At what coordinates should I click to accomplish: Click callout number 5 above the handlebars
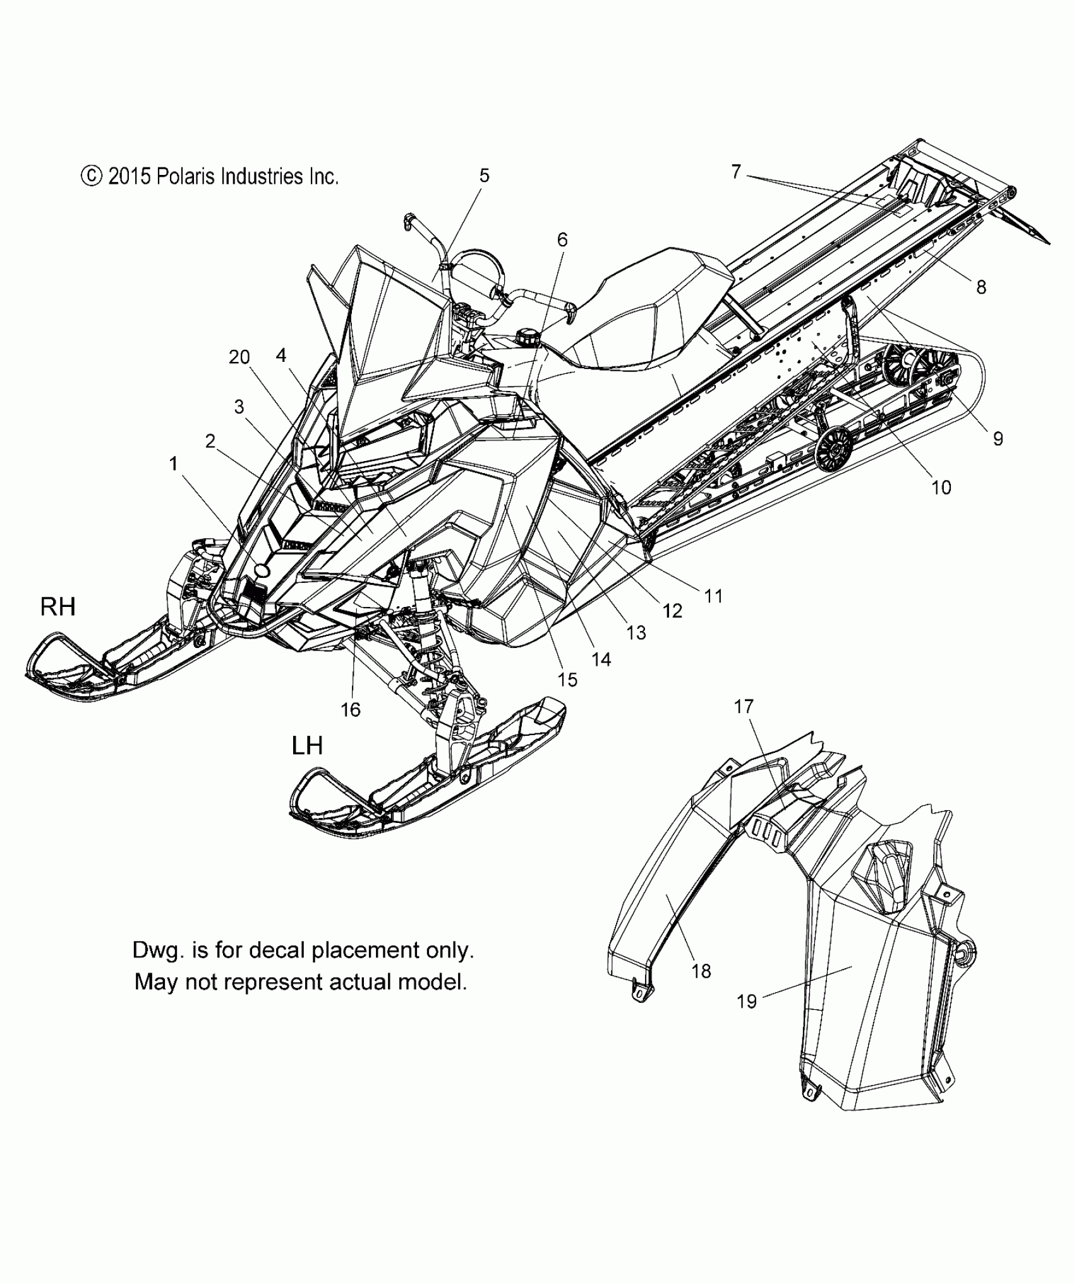484,176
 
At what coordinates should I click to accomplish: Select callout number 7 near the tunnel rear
736,172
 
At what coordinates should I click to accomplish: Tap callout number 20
239,357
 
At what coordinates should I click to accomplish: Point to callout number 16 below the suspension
351,709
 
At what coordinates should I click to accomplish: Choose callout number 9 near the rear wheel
998,438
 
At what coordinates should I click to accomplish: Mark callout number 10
941,487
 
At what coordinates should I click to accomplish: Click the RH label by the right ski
58,607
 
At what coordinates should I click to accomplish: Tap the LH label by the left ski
307,746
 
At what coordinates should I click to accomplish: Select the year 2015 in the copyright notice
129,176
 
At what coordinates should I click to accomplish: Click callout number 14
601,659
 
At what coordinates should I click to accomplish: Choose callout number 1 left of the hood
173,464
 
